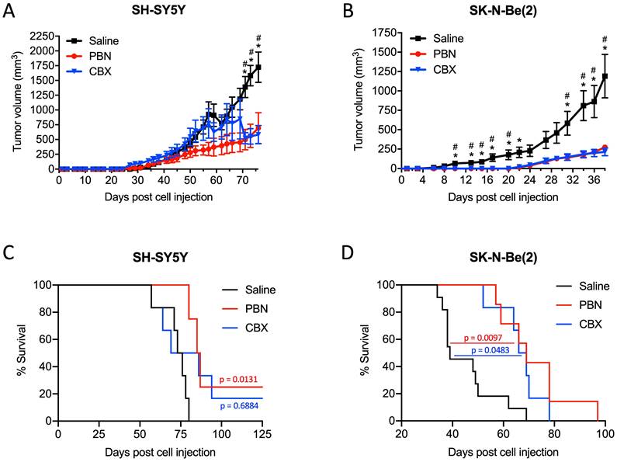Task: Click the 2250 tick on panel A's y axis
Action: (x=40, y=36)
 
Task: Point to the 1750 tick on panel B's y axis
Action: (x=382, y=33)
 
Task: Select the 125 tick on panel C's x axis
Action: (x=262, y=433)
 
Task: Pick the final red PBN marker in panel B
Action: (x=604, y=148)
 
